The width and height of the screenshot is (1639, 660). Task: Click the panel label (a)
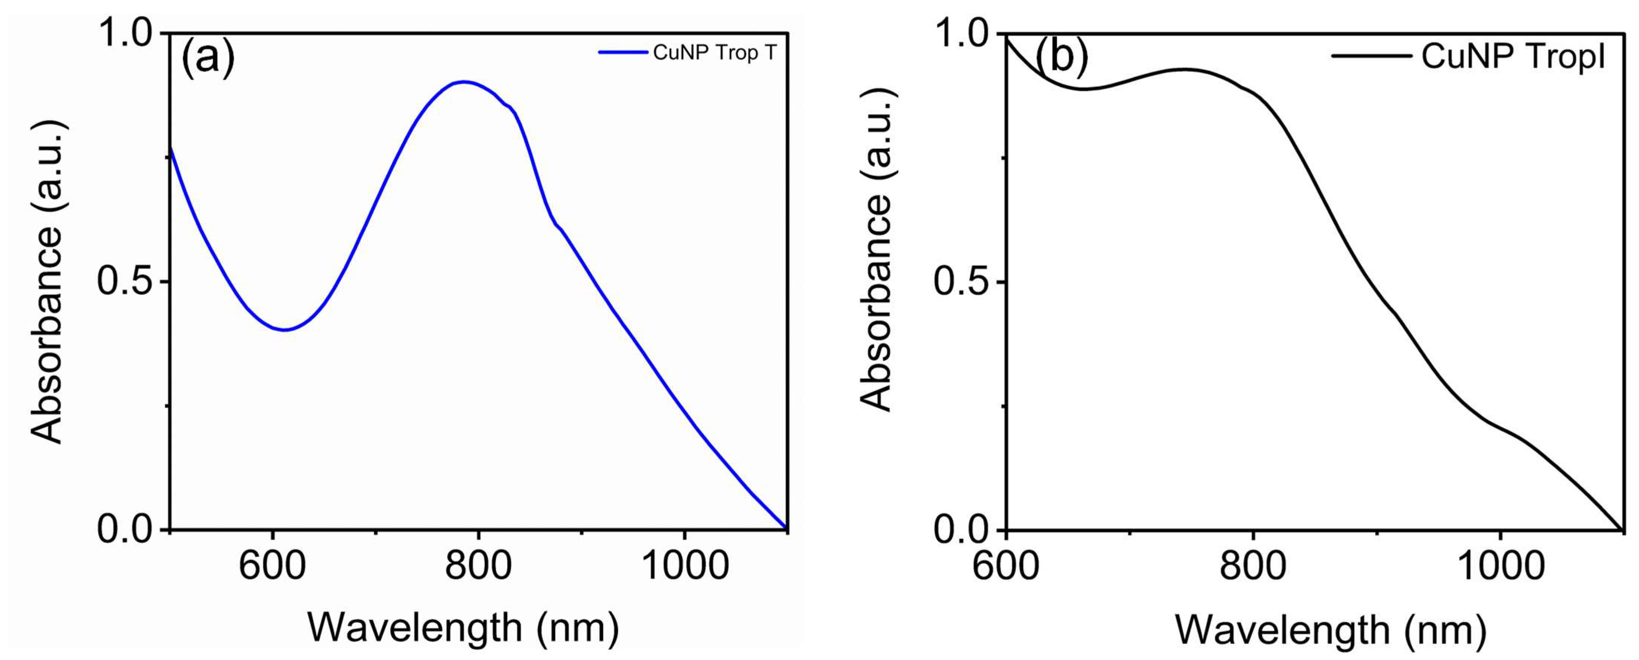[208, 57]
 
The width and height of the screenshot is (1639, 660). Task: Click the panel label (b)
[1061, 57]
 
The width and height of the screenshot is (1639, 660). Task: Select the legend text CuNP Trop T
[715, 52]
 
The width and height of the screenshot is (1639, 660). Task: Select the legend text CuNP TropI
[1513, 56]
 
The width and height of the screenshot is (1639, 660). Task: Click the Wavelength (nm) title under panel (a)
[463, 627]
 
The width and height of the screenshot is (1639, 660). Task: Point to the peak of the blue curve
[465, 82]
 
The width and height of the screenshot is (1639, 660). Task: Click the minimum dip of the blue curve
[285, 330]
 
